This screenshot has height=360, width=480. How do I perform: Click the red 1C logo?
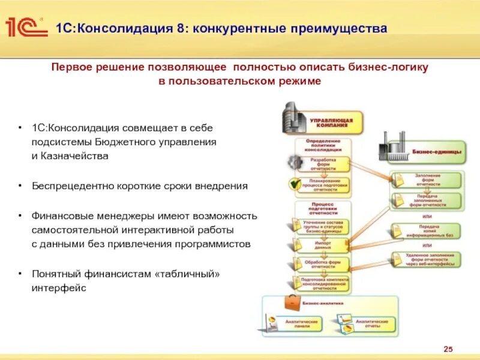click(25, 28)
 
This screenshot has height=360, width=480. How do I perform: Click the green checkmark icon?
click(295, 184)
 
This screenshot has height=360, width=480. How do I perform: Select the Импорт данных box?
click(323, 245)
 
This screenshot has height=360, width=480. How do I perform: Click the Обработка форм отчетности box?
click(323, 264)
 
